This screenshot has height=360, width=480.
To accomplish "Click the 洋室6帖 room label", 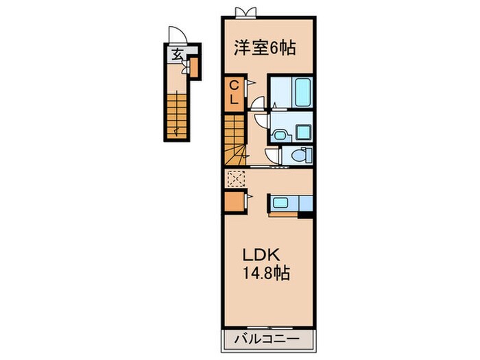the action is tap(265, 48).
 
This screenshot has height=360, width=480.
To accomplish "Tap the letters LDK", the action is tap(261, 254).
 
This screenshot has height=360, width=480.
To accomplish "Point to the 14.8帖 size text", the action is tap(266, 273).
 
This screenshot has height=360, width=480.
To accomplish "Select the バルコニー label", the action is tap(267, 339).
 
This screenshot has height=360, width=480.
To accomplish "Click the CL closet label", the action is tap(235, 92).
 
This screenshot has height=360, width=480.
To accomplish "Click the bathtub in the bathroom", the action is tap(302, 92).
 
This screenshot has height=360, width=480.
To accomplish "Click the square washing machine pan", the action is tap(304, 132).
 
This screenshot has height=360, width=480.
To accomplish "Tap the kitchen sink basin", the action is tap(280, 202).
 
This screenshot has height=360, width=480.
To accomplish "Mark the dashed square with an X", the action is tap(237, 179).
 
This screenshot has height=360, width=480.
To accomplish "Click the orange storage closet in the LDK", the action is tap(235, 202).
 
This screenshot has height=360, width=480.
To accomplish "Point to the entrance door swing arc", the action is tap(178, 34).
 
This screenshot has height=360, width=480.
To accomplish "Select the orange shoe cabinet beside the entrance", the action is tap(194, 68).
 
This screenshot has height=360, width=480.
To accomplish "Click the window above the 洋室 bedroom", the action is tap(245, 13).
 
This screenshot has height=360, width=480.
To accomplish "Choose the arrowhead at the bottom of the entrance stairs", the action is tap(176, 132).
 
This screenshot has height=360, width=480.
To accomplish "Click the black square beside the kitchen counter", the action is tap(305, 215).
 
